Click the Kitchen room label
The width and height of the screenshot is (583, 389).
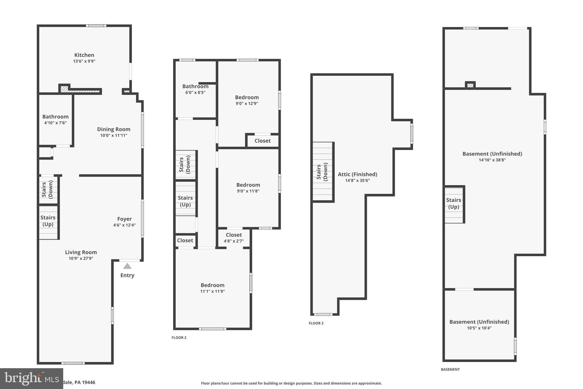[x=84, y=55]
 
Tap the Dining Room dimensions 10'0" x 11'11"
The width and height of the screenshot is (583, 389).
[x=114, y=135]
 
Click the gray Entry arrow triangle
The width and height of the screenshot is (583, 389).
[x=127, y=266]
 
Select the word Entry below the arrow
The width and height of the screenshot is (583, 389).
[x=127, y=275]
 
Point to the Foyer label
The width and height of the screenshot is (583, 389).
[x=124, y=219]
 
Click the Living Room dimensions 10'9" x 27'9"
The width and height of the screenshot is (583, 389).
[x=81, y=258]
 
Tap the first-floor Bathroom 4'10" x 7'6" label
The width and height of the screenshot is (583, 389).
[x=55, y=119]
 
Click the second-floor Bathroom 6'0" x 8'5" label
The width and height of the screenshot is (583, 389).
[x=195, y=89]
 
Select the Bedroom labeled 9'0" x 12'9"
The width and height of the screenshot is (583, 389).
[x=247, y=100]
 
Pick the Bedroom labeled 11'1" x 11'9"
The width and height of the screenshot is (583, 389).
[x=212, y=288]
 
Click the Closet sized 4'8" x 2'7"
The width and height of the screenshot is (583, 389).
[x=234, y=238]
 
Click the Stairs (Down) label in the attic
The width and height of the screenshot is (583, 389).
[x=322, y=172]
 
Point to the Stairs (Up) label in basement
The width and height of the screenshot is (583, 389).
[x=453, y=203]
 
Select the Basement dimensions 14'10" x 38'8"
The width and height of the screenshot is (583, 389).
[x=492, y=160]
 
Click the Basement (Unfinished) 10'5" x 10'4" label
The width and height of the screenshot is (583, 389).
[x=479, y=325]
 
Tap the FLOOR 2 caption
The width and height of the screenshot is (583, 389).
[x=179, y=338]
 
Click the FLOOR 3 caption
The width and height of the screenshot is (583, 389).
[x=316, y=323]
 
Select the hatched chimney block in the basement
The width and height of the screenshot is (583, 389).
[x=470, y=85]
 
